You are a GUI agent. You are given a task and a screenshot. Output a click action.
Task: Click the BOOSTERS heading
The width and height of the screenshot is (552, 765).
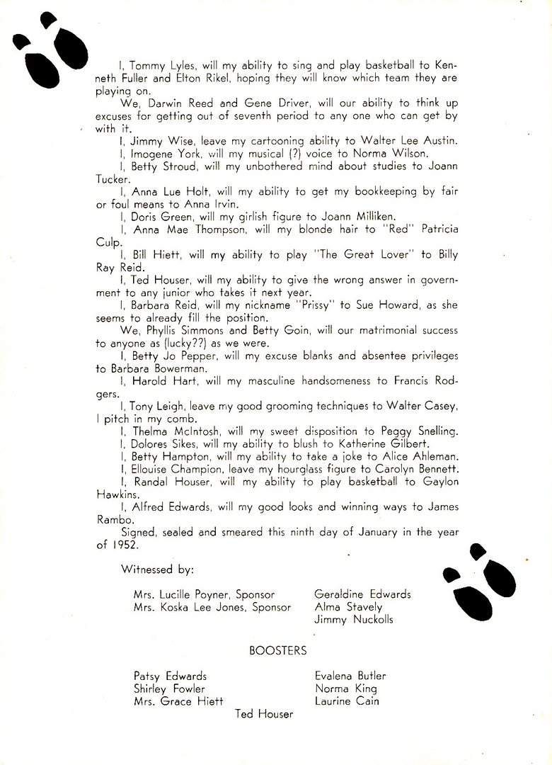[277, 650]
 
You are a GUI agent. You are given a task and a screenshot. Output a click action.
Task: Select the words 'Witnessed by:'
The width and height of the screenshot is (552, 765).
[156, 569]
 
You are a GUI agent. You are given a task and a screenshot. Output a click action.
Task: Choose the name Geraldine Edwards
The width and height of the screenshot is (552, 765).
[362, 594]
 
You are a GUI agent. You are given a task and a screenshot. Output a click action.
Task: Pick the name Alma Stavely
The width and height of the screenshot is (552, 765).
[348, 607]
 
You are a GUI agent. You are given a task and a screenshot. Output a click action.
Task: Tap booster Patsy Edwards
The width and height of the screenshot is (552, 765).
[170, 676]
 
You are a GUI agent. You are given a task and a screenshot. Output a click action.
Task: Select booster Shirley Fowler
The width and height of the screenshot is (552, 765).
[169, 688]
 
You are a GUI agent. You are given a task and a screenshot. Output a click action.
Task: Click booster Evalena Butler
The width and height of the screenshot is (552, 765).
[351, 676]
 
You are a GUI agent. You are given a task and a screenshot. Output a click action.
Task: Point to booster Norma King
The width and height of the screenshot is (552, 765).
[346, 688]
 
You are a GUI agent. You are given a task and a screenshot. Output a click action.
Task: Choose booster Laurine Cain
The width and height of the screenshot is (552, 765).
[347, 701]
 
